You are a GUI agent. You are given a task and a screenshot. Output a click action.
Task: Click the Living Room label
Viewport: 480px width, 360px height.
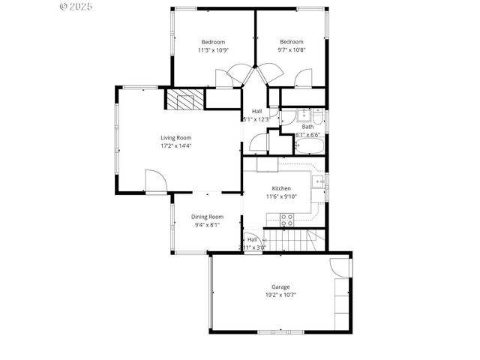176,137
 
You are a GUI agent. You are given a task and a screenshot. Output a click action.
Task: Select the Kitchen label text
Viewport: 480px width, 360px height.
281,188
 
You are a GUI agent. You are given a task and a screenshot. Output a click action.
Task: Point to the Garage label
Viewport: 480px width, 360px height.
281,287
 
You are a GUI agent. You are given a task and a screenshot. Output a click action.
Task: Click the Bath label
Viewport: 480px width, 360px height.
308,127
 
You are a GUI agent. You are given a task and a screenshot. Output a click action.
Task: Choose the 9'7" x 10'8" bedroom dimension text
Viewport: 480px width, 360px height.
292,50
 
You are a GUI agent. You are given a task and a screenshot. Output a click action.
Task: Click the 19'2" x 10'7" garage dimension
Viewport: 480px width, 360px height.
281,295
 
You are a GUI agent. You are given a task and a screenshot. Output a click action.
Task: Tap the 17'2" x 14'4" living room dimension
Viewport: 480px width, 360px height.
176,145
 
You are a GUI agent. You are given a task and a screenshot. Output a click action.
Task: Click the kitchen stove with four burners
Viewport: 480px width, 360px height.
286,219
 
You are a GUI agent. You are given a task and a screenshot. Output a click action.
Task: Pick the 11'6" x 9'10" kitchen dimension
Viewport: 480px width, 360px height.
281,196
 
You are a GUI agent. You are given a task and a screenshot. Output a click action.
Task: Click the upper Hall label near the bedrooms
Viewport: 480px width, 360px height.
257,111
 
